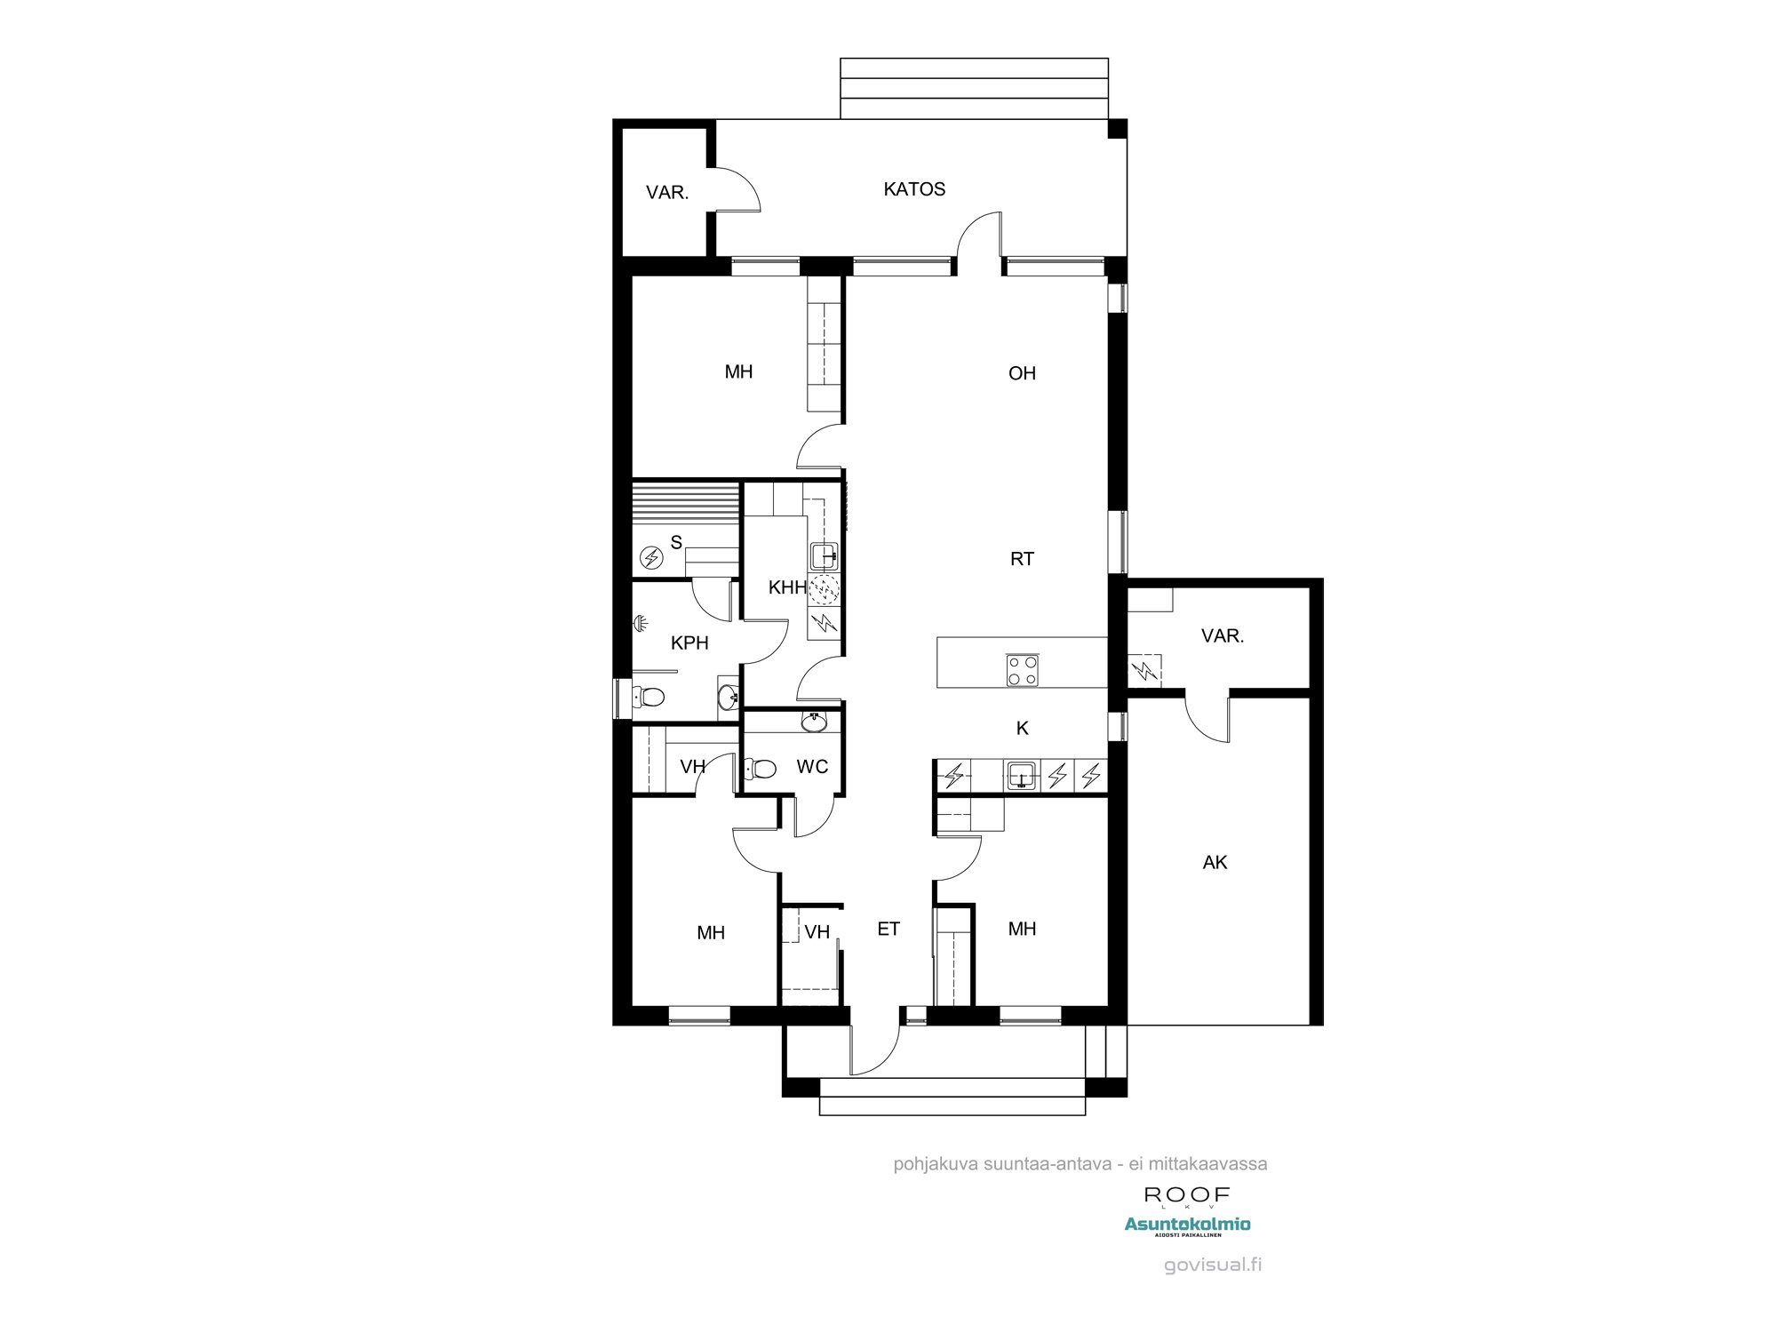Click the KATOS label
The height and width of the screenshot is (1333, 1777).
913,189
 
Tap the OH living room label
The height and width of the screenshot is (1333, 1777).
1022,373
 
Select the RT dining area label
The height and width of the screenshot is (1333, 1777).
1022,559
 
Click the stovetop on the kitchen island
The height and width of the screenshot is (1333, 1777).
1022,669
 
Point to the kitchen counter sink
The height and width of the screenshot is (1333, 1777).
1022,775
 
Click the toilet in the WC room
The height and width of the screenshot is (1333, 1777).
762,768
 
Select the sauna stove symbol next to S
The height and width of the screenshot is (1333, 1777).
652,558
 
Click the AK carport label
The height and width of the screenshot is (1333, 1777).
1215,862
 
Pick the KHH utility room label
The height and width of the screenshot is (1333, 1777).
787,587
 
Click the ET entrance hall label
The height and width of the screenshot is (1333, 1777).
888,929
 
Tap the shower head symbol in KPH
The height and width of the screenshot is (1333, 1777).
640,623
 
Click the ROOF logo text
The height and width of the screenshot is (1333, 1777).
1187,1194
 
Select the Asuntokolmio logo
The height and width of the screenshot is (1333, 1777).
1187,1225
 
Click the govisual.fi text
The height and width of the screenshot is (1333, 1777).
1213,1265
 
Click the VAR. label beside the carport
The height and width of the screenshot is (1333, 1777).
1222,635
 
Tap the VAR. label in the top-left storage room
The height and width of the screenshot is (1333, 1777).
666,192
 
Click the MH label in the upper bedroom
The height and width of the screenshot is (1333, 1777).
738,372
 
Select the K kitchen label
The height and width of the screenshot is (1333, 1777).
1022,728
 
